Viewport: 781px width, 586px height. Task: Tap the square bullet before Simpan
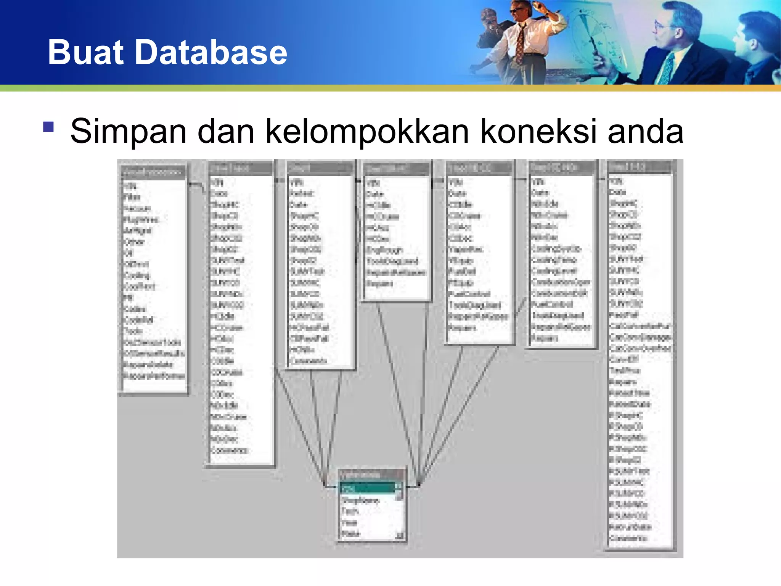48,126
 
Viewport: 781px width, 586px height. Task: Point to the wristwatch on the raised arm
546,12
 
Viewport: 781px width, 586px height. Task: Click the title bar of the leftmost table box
153,172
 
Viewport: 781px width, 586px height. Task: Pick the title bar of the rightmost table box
639,167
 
